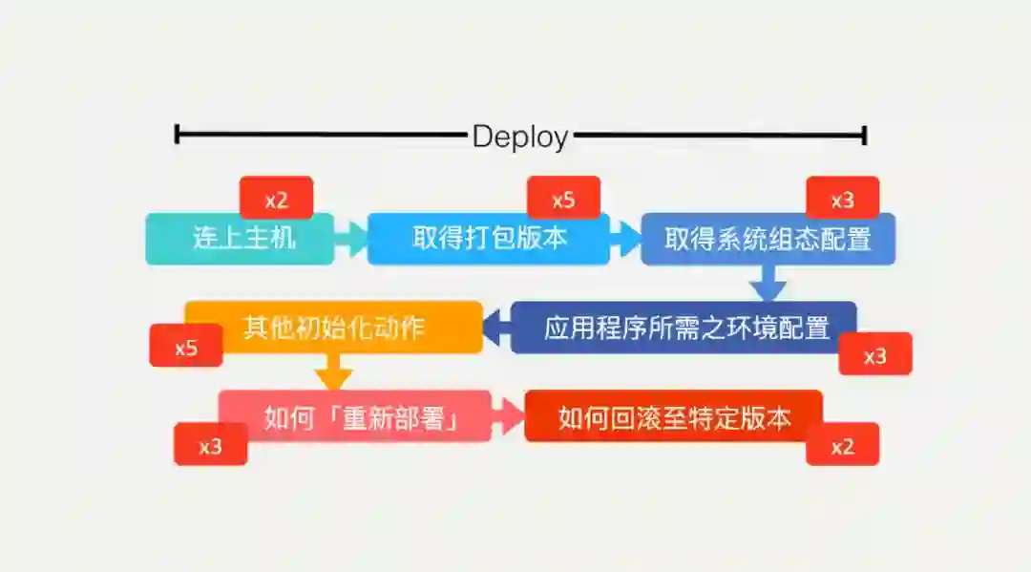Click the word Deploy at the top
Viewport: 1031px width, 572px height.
point(520,137)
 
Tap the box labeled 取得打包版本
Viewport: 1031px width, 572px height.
point(488,239)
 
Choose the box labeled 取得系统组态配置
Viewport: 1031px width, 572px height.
point(768,239)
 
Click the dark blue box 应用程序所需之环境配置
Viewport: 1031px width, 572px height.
point(684,328)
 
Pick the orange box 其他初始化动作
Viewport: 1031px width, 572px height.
point(333,328)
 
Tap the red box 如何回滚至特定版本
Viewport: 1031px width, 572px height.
point(673,416)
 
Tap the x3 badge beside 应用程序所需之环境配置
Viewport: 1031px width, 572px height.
point(875,355)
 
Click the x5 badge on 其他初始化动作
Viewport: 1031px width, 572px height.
point(186,347)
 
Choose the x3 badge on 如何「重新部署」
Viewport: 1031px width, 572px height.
point(210,446)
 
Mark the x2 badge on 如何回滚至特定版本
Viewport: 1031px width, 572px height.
point(842,446)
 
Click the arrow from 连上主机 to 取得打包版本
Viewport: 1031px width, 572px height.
point(351,239)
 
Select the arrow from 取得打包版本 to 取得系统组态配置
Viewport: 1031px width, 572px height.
point(625,239)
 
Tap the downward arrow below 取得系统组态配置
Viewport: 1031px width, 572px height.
point(768,284)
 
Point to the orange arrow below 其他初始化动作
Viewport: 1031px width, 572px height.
point(333,372)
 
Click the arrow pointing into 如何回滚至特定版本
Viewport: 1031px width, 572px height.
point(509,416)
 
